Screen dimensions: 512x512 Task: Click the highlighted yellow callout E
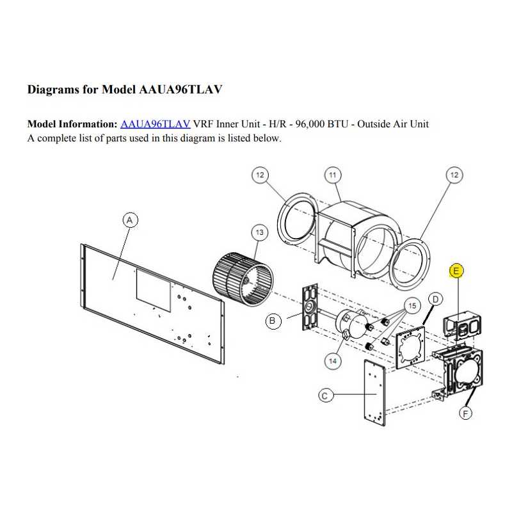(x=456, y=271)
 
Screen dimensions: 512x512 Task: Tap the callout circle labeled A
(x=130, y=220)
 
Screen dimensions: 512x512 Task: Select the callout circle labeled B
(x=273, y=321)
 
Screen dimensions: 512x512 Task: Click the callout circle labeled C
(x=325, y=396)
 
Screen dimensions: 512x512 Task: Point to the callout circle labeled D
(x=435, y=299)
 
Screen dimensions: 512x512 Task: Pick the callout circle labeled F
(x=466, y=413)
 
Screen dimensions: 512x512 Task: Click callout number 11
(x=333, y=175)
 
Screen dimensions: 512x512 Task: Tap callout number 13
(x=260, y=232)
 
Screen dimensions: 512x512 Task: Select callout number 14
(x=332, y=361)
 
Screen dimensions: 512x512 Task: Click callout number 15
(x=412, y=306)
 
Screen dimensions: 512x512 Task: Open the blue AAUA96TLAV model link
(x=155, y=124)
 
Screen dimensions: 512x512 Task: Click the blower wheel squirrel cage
(x=243, y=279)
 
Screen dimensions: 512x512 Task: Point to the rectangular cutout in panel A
(x=154, y=290)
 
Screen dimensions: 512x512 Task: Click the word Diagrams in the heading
(x=53, y=90)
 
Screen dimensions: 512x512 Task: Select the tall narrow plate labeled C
(x=374, y=392)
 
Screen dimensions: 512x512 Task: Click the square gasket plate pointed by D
(x=410, y=347)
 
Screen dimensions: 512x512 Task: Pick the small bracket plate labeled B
(x=310, y=307)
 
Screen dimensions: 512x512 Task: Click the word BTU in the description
(x=339, y=124)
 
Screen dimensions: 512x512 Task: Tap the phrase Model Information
(x=72, y=124)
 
